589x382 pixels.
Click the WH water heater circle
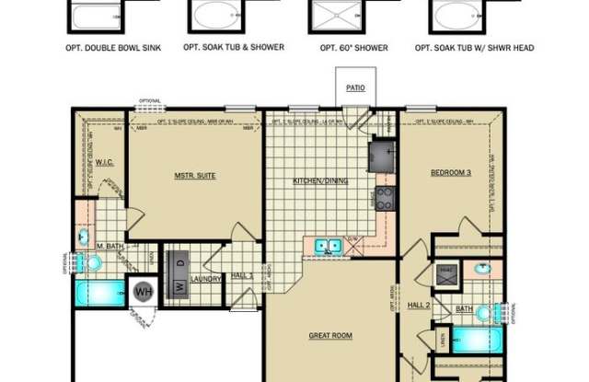pos(144,292)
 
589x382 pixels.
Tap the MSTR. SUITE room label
pos(195,175)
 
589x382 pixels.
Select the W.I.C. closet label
pos(104,162)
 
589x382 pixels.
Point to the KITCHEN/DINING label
pos(320,181)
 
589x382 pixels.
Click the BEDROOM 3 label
pos(452,172)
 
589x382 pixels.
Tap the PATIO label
pos(356,89)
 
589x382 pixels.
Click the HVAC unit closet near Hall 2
pos(446,272)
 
